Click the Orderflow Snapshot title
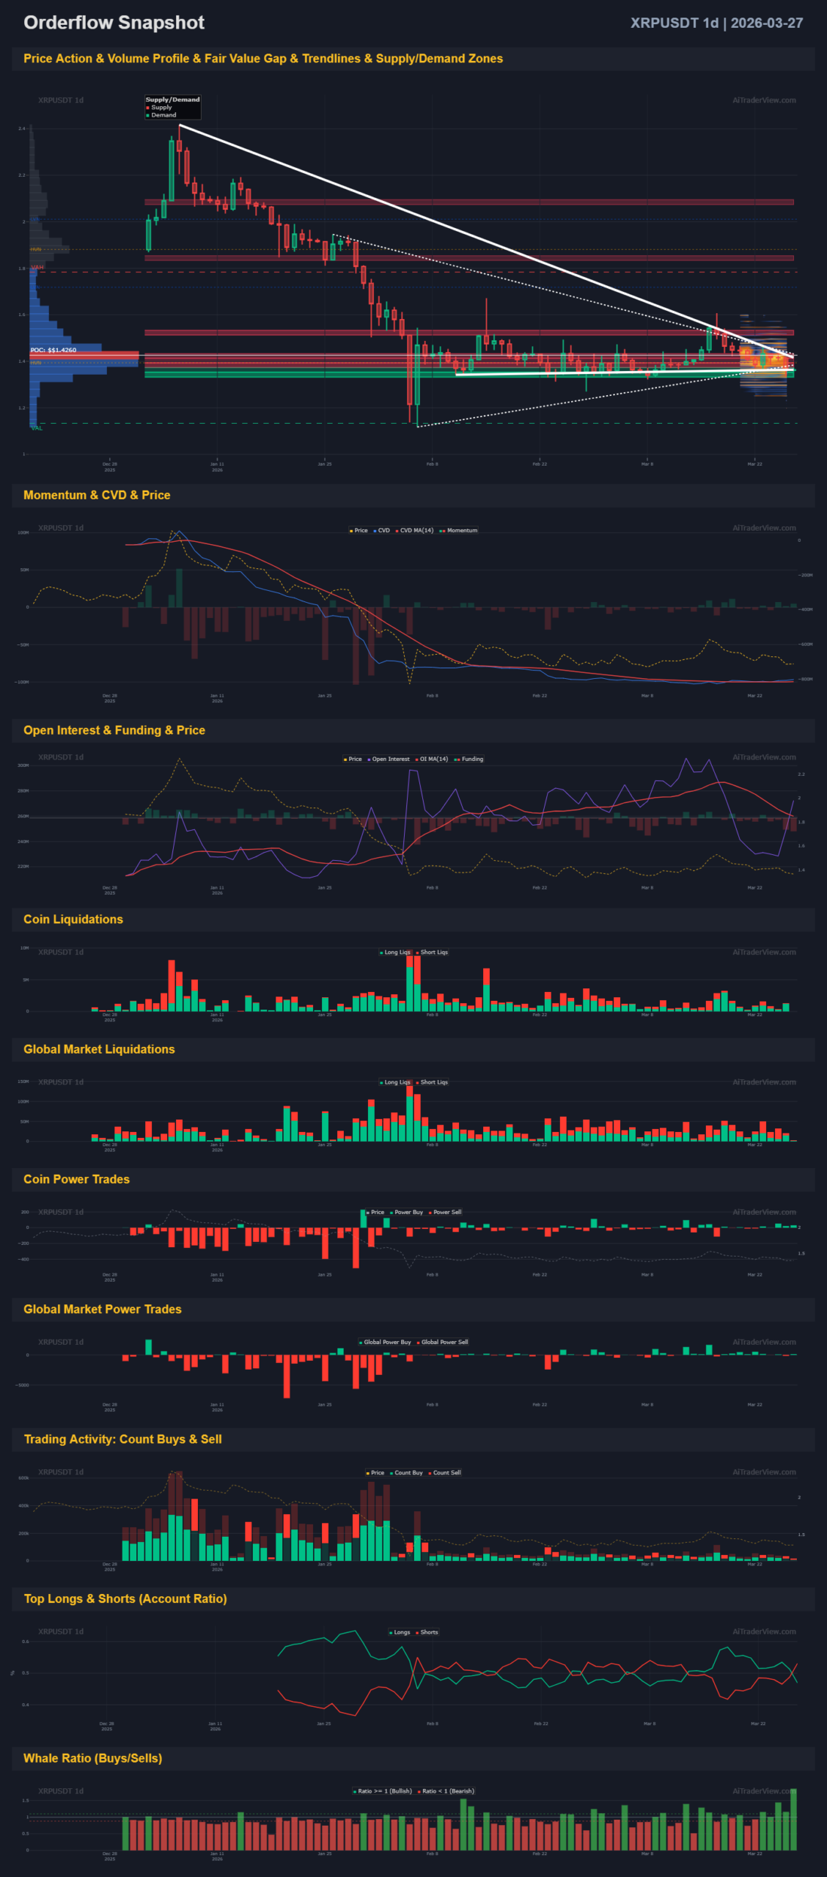pos(114,23)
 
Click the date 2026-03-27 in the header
pos(766,23)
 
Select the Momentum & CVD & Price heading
pos(97,495)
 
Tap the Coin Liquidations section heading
pos(73,919)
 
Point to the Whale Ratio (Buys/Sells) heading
pos(92,1758)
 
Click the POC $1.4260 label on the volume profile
pos(54,350)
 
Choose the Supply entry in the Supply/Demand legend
pos(161,107)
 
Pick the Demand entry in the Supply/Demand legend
pos(163,115)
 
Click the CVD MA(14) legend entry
pos(416,530)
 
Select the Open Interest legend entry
pos(390,759)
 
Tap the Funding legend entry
pos(471,759)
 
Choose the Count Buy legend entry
pos(408,1472)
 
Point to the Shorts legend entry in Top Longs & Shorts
pos(429,1632)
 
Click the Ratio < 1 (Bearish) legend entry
pos(448,1791)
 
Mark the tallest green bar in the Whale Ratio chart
pos(793,1820)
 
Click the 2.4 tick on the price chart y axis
pos(22,128)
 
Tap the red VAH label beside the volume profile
pos(37,268)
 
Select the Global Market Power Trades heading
pos(103,1310)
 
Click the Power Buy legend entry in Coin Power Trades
pos(408,1212)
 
